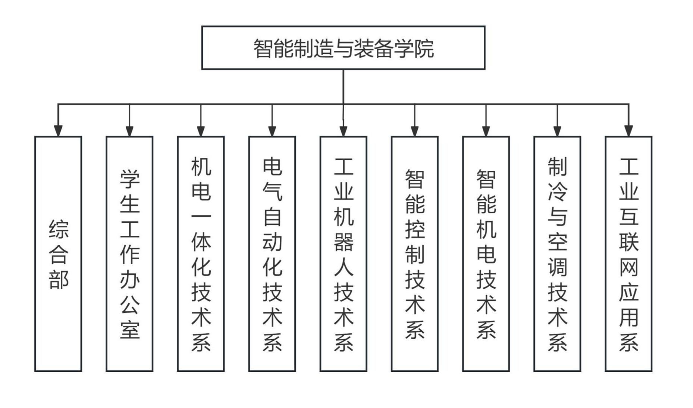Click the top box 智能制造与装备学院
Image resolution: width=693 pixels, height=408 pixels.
pyautogui.click(x=343, y=48)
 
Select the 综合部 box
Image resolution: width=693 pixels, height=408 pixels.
pyautogui.click(x=58, y=254)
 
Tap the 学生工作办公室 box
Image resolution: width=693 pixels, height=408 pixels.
pyautogui.click(x=129, y=254)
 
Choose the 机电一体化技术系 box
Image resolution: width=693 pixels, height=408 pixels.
pyautogui.click(x=201, y=254)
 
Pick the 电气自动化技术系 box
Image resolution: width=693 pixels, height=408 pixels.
pyautogui.click(x=272, y=254)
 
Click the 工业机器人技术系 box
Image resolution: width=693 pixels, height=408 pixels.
pyautogui.click(x=343, y=254)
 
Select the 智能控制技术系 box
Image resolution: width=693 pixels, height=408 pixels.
pyautogui.click(x=414, y=254)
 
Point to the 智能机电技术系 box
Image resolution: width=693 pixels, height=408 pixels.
pyautogui.click(x=486, y=254)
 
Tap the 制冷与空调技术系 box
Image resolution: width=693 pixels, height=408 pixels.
pyautogui.click(x=557, y=254)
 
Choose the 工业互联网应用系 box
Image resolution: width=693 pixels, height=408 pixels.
pyautogui.click(x=628, y=254)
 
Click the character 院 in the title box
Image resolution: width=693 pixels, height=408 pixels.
pyautogui.click(x=424, y=48)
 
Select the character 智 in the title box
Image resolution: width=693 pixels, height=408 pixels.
pyautogui.click(x=263, y=48)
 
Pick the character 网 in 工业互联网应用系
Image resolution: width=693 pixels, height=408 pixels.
pyautogui.click(x=628, y=267)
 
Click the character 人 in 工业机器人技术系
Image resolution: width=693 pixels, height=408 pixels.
pyautogui.click(x=343, y=267)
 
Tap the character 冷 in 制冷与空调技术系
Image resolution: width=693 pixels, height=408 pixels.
pyautogui.click(x=557, y=191)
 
